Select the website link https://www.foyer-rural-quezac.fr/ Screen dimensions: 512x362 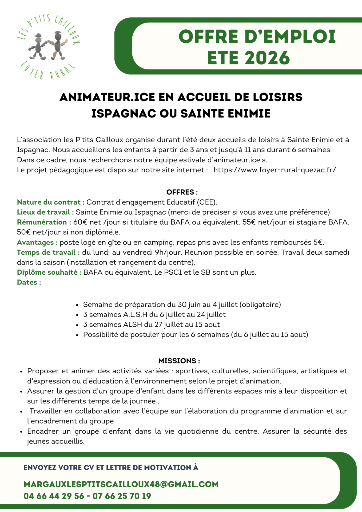(x=275, y=170)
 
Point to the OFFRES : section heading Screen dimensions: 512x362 (x=182, y=192)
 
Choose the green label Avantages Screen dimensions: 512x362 (x=37, y=242)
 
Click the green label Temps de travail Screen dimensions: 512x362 (x=48, y=252)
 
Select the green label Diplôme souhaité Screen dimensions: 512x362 (x=49, y=272)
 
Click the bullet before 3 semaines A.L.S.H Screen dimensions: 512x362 (x=77, y=315)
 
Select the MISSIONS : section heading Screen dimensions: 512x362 (x=179, y=361)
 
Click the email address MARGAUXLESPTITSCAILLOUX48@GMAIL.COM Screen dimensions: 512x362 (x=121, y=484)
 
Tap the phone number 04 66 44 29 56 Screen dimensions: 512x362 (x=54, y=496)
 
